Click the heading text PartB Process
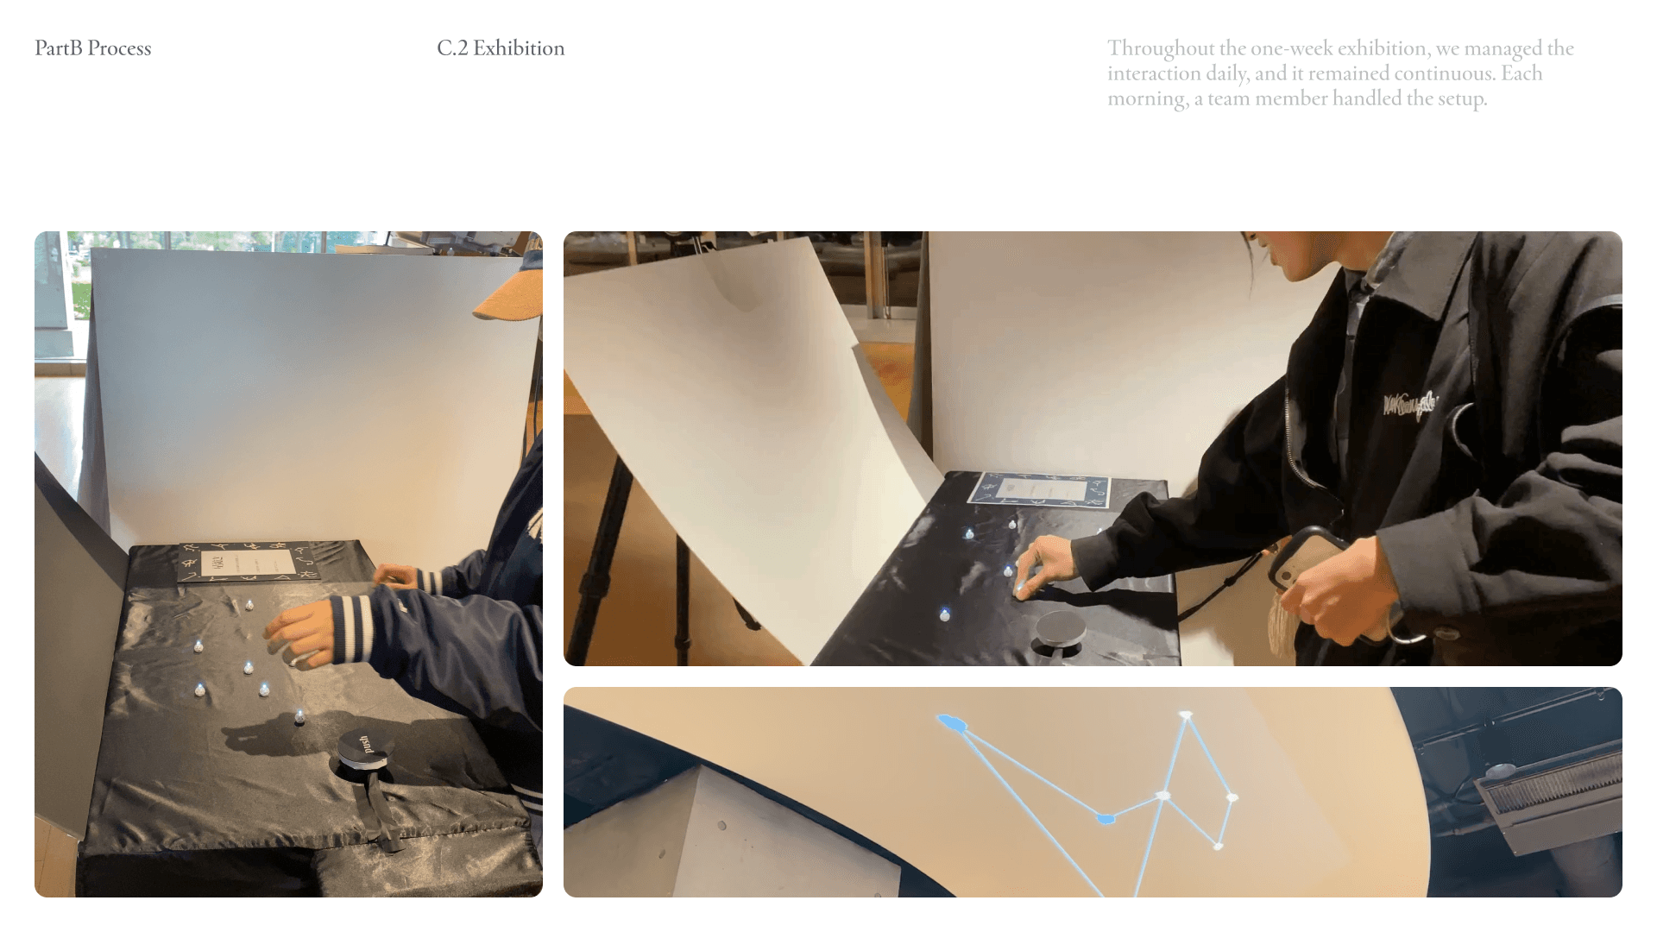pos(92,48)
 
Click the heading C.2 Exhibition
pos(501,48)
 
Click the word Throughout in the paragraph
pos(1161,48)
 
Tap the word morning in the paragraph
pos(1146,98)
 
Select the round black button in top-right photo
pos(1061,629)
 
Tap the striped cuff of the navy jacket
pos(354,627)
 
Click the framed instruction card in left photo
pos(247,563)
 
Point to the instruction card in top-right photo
pos(1038,491)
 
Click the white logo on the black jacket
pos(1409,403)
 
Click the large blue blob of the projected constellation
pos(951,722)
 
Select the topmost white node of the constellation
pos(1186,715)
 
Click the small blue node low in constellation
pos(1106,818)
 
